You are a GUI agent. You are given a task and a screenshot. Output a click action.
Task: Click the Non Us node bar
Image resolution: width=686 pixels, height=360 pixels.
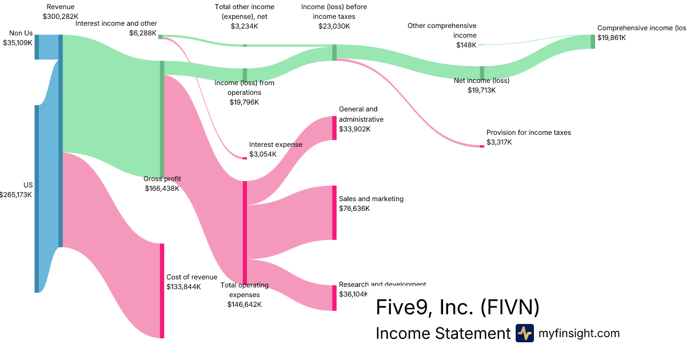pyautogui.click(x=37, y=47)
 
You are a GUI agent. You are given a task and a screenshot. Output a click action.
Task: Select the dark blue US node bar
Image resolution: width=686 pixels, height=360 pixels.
pyautogui.click(x=37, y=198)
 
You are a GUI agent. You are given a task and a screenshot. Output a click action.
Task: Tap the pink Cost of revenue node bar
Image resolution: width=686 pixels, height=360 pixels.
pyautogui.click(x=162, y=290)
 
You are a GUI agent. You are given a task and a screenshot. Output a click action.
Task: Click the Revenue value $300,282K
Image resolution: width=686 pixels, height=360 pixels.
pyautogui.click(x=60, y=17)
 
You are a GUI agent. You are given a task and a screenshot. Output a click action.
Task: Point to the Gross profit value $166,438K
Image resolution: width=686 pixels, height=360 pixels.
pyautogui.click(x=162, y=188)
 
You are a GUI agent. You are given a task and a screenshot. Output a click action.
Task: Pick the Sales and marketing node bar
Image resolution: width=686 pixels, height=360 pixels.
pyautogui.click(x=334, y=213)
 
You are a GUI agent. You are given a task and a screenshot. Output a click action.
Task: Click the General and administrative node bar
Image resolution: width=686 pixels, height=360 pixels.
pyautogui.click(x=334, y=128)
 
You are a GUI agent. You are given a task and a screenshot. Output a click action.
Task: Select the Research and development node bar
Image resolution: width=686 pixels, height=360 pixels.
pyautogui.click(x=334, y=298)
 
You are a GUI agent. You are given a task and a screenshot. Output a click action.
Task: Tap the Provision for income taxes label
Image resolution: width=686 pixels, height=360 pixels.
pyautogui.click(x=528, y=133)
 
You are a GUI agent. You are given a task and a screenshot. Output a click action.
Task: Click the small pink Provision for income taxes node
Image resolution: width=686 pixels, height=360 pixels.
pyautogui.click(x=482, y=146)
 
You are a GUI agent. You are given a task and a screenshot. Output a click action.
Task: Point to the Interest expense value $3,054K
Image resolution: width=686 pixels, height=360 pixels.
pyautogui.click(x=263, y=154)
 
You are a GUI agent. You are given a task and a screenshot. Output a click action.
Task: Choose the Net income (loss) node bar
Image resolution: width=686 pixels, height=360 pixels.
pyautogui.click(x=482, y=73)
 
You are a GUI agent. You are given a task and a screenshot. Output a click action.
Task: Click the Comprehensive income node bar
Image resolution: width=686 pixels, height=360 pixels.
pyautogui.click(x=593, y=41)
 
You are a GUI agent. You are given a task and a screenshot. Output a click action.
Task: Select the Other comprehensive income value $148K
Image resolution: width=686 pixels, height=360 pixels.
pyautogui.click(x=466, y=45)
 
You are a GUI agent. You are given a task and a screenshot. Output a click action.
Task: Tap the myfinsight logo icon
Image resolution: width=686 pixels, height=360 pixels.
pyautogui.click(x=524, y=333)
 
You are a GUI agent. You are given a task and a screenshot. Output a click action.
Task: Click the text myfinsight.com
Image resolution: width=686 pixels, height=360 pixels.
pyautogui.click(x=579, y=333)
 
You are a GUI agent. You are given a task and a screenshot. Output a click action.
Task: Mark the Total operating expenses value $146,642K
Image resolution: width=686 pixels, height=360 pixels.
pyautogui.click(x=244, y=305)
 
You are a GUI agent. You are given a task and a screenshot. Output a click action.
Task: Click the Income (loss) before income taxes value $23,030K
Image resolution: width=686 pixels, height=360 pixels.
pyautogui.click(x=334, y=26)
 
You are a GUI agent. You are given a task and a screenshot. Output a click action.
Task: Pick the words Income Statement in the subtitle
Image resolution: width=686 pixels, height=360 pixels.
pyautogui.click(x=442, y=333)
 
